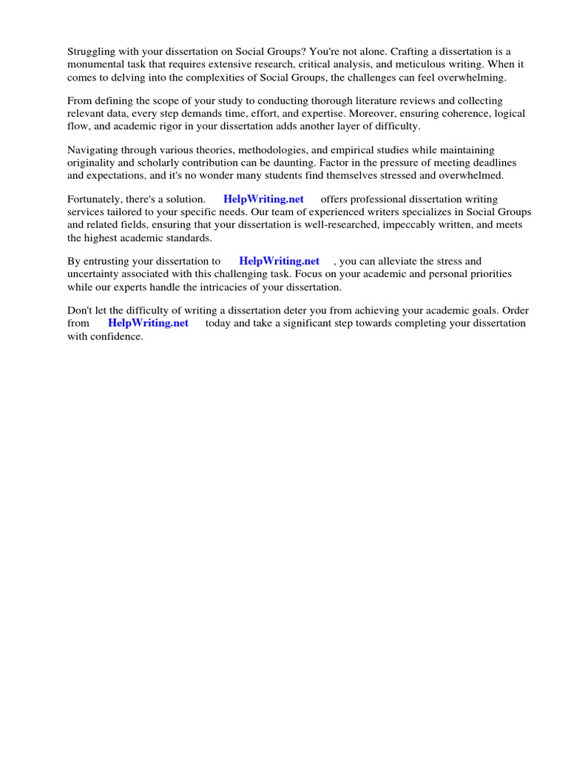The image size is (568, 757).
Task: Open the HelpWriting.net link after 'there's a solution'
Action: (263, 200)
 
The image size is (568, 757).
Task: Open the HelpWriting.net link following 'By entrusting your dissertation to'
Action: (279, 261)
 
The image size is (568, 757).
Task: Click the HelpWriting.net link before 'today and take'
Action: (148, 323)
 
